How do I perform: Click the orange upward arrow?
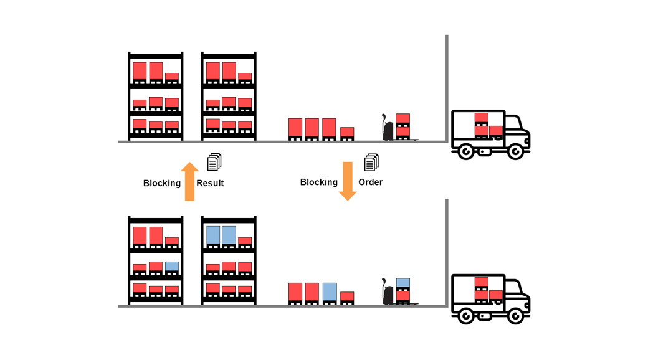click(x=190, y=181)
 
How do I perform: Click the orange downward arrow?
click(x=348, y=181)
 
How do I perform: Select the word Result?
click(x=210, y=183)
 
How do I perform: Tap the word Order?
click(x=370, y=182)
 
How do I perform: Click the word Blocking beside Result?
click(x=162, y=183)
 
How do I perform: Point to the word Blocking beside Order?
click(x=319, y=182)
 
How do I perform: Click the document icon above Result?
click(x=214, y=162)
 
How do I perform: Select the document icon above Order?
click(x=371, y=162)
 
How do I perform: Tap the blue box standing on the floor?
click(x=330, y=292)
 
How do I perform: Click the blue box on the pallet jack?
click(x=403, y=282)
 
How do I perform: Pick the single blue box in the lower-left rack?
click(x=172, y=266)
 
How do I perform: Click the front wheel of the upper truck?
click(x=515, y=151)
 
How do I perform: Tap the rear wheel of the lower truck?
click(x=465, y=316)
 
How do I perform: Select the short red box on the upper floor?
click(x=347, y=132)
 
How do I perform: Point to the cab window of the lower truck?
click(x=513, y=288)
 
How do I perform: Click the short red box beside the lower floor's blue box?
click(x=347, y=296)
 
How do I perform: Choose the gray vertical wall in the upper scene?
click(x=447, y=87)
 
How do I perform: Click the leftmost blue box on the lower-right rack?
click(x=213, y=235)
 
